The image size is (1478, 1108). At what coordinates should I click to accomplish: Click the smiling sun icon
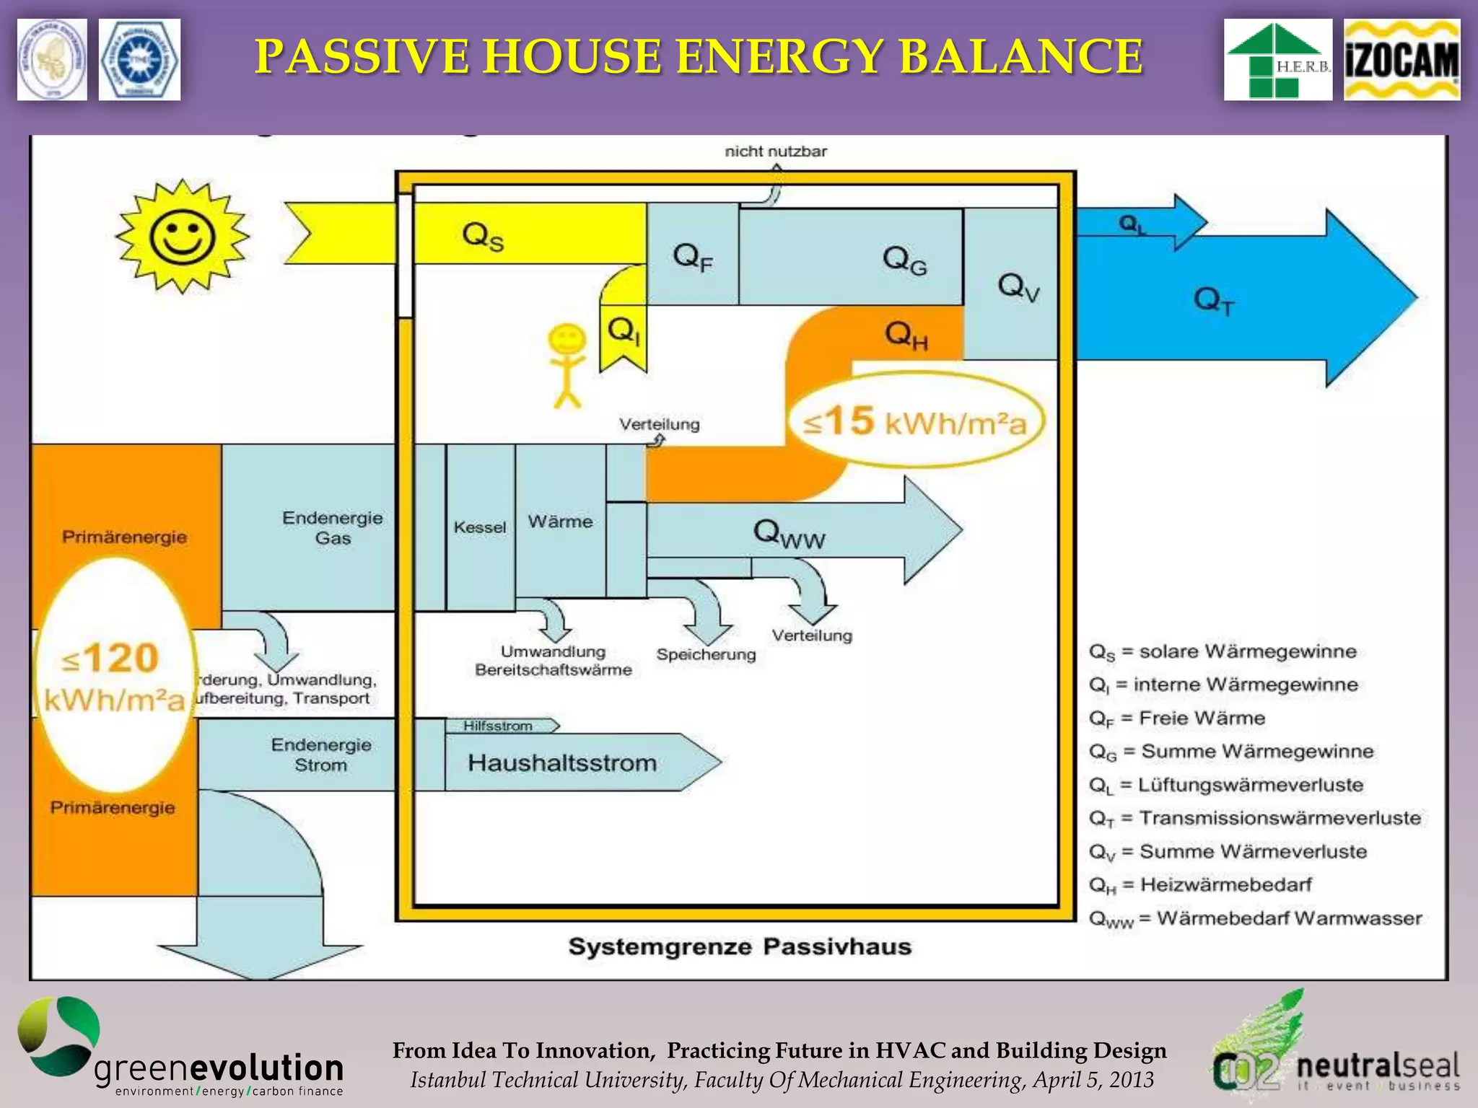183,237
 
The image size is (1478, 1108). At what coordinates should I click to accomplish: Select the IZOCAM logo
1402,60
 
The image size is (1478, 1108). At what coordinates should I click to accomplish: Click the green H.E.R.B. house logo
1277,60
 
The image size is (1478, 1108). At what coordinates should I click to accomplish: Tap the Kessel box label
480,527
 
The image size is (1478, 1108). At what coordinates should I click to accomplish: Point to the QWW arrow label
789,534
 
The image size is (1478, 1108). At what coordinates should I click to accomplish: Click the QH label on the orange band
906,335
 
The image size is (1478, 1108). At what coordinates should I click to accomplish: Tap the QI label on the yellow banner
624,333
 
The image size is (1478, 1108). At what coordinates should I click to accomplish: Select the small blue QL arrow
1140,223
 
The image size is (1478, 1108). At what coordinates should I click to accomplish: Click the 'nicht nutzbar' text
776,151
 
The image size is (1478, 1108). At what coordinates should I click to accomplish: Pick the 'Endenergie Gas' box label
332,527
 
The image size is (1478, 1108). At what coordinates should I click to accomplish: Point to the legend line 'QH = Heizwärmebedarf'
1199,884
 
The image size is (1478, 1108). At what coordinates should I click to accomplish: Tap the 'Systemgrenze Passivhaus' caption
740,946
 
